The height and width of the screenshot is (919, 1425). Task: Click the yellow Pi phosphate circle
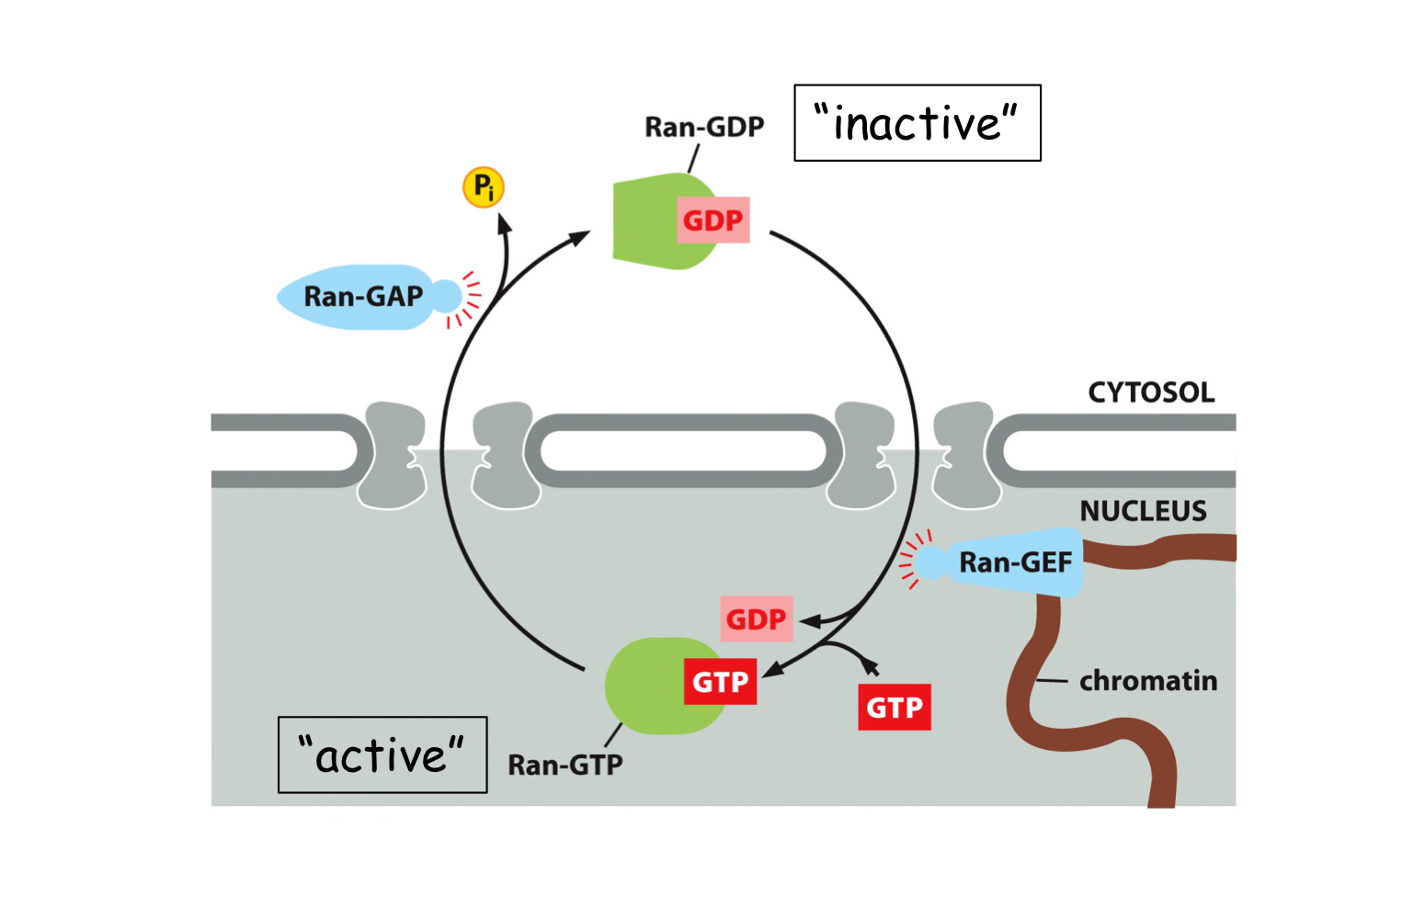[483, 187]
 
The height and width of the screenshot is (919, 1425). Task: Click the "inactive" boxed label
[918, 123]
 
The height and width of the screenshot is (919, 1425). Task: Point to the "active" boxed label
[382, 754]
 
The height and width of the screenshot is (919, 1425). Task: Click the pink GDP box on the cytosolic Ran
[712, 221]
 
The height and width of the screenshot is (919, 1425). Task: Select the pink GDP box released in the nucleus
[756, 619]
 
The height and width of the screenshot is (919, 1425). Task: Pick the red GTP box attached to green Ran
[720, 682]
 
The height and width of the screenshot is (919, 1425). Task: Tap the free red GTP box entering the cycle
[894, 707]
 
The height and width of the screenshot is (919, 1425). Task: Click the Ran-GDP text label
[704, 127]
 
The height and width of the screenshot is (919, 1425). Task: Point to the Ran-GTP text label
[565, 765]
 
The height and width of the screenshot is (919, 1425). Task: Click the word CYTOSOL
[1151, 392]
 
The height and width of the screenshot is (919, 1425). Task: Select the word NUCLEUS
[1143, 511]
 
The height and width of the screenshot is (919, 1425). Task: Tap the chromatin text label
[1148, 681]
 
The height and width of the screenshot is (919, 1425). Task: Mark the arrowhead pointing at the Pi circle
[502, 223]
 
